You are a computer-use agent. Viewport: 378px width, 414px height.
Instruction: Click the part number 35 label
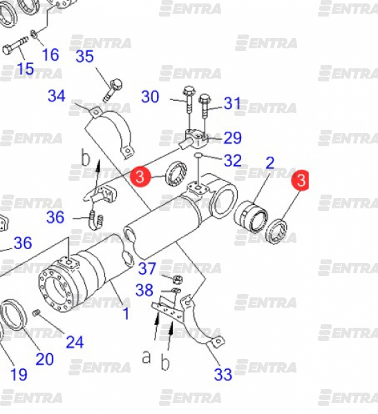click(x=84, y=57)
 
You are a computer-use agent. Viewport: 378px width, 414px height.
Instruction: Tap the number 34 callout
click(x=57, y=96)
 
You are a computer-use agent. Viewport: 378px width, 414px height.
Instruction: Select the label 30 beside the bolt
click(x=150, y=97)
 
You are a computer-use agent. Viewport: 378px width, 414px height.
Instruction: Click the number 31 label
click(x=232, y=103)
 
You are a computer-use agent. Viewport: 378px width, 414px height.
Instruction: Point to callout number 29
click(x=233, y=138)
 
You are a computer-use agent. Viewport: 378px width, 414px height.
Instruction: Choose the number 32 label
click(x=233, y=160)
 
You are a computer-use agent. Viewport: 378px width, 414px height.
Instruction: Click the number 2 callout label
click(x=270, y=163)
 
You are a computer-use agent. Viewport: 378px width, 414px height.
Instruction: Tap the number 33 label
click(x=223, y=374)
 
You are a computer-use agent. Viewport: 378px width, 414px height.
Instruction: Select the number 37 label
click(x=147, y=268)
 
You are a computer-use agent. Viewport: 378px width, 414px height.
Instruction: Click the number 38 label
click(x=144, y=290)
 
